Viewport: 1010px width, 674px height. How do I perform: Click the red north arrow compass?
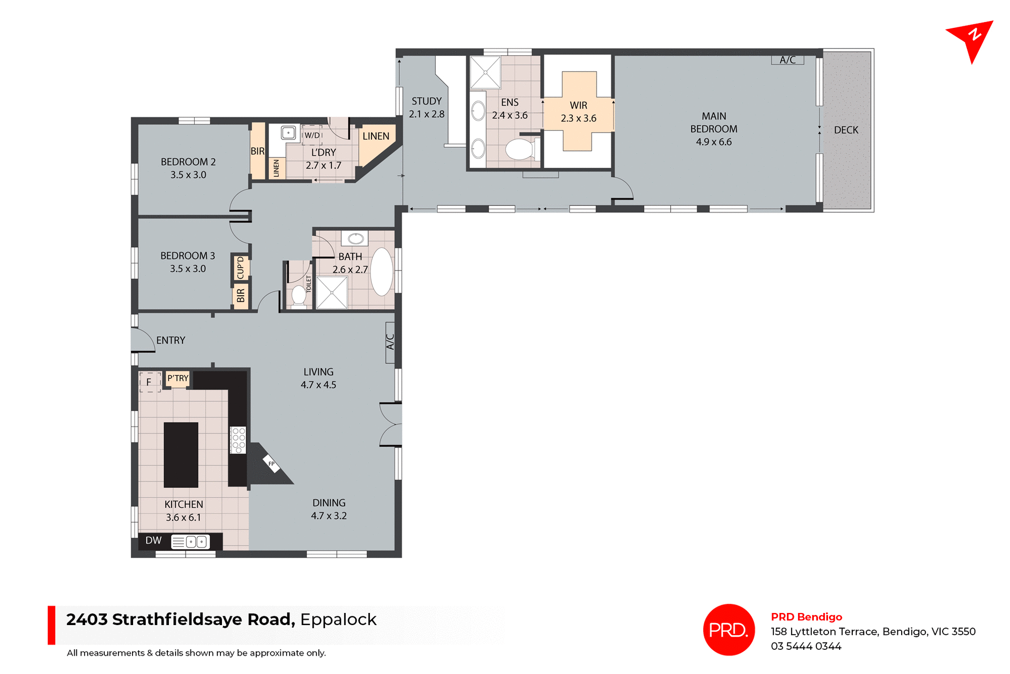pos(972,39)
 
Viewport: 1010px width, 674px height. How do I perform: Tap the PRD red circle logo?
pos(729,629)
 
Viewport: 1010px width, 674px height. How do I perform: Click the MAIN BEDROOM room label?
pos(713,129)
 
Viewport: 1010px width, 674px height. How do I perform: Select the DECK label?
pos(846,130)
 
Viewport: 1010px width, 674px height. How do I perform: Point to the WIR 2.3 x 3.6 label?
pos(578,112)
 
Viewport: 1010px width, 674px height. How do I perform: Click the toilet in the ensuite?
pos(520,149)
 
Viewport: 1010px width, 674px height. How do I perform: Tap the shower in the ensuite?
pos(485,73)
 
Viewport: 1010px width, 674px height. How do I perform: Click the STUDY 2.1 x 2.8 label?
pos(427,107)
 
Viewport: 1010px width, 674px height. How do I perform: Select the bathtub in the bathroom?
pos(382,271)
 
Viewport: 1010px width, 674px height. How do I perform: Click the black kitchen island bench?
pos(181,455)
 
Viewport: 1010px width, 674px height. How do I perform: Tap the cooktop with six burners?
pos(238,440)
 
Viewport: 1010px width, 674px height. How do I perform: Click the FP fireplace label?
pos(271,464)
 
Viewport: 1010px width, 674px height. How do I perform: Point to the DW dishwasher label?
pos(153,540)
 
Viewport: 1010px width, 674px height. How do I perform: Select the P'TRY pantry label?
pos(177,378)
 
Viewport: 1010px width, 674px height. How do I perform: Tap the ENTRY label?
pos(170,340)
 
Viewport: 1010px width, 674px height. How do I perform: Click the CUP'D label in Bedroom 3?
pos(240,267)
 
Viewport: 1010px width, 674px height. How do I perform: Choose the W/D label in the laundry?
pos(312,135)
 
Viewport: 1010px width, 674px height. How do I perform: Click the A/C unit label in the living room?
pos(390,342)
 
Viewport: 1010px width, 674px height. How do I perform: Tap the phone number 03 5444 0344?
pos(806,646)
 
